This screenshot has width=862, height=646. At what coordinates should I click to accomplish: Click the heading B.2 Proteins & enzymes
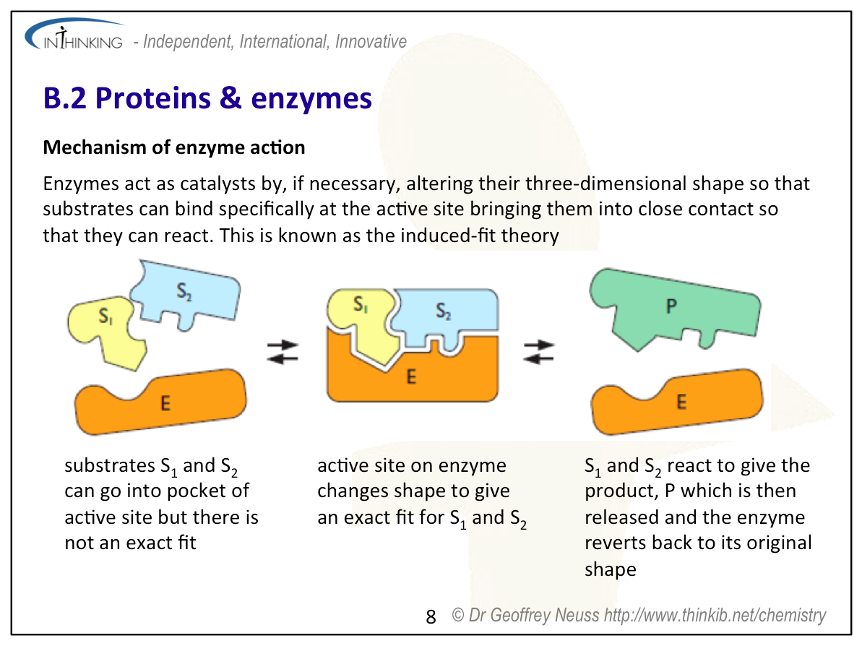coord(207,98)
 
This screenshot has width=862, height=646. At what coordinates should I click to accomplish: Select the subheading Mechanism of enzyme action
coord(174,148)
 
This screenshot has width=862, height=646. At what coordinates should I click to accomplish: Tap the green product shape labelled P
coord(672,307)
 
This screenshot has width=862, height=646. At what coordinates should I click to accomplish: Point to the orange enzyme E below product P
coord(679,402)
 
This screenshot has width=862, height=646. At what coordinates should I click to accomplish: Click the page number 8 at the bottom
coord(431,616)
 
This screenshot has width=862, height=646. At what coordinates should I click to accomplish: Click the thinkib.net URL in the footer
coord(715,616)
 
